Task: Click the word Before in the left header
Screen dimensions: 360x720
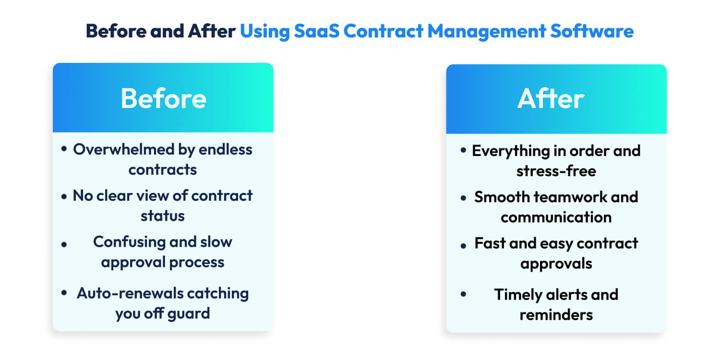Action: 163,98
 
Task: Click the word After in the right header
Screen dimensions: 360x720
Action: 551,98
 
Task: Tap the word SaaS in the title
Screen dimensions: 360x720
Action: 315,31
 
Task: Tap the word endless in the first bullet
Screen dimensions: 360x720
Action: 225,149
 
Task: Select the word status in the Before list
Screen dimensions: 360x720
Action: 163,216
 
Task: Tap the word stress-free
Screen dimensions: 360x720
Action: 556,171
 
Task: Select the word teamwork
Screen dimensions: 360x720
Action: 560,197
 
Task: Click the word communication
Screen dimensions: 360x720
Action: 556,217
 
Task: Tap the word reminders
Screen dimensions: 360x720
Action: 556,315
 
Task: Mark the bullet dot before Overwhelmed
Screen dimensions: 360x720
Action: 64,150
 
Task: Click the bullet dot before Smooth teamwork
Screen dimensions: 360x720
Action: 463,198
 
